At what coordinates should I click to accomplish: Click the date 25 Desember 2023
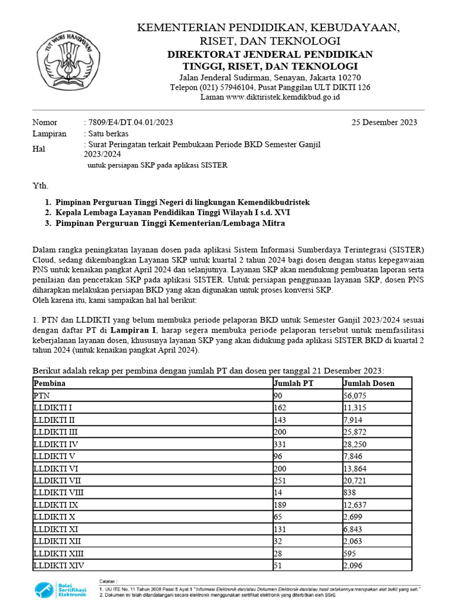click(384, 123)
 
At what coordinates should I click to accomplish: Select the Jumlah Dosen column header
click(369, 383)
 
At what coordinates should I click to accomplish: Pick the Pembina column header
click(49, 383)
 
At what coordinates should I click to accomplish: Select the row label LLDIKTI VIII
click(60, 492)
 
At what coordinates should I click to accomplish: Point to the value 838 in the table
click(351, 492)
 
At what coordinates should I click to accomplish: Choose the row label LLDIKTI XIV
click(59, 565)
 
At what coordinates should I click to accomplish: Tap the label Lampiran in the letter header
click(49, 134)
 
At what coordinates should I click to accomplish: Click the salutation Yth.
click(40, 186)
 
